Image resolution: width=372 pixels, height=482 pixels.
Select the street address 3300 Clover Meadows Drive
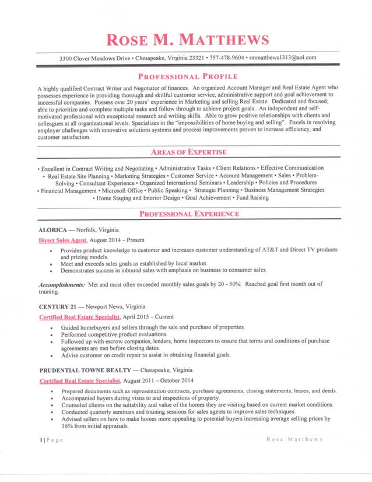tap(100, 57)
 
